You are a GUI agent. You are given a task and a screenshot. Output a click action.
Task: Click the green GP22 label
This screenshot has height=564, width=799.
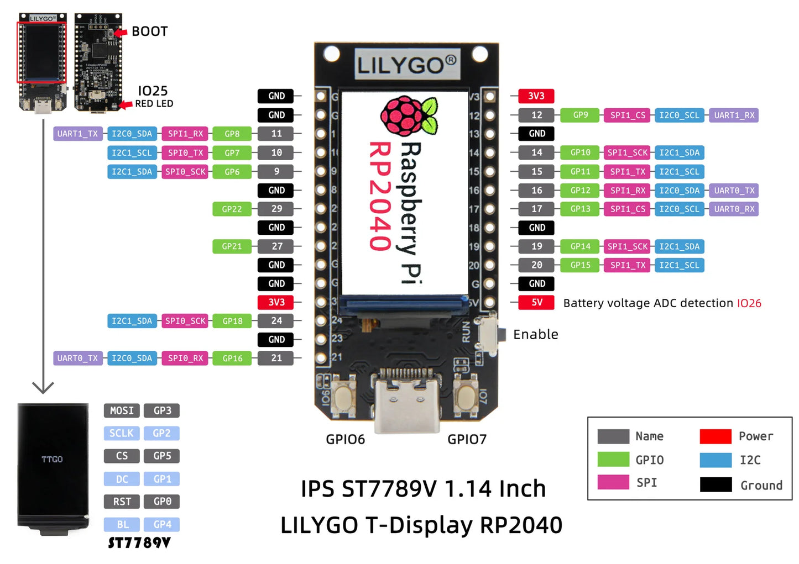(232, 209)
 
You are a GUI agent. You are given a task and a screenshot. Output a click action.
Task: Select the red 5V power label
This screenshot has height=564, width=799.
(536, 303)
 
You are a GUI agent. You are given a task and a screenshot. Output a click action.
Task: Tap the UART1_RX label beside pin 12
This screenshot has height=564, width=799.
(733, 115)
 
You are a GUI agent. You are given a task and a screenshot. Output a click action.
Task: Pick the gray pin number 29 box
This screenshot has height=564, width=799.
(276, 209)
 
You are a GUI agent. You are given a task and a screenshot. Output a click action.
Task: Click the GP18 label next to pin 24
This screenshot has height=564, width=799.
(232, 321)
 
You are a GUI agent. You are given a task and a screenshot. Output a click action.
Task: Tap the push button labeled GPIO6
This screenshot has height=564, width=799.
(344, 397)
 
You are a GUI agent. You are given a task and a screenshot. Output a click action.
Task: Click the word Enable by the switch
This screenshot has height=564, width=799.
(535, 334)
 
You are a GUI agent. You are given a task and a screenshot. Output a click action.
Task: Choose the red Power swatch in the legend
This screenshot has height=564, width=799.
(715, 436)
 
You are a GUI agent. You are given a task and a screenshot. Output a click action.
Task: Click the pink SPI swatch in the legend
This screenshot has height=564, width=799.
(613, 482)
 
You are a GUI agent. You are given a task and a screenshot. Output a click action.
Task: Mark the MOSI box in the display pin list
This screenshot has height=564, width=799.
(122, 410)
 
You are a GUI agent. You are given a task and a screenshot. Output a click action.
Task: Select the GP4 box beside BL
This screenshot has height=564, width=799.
(162, 524)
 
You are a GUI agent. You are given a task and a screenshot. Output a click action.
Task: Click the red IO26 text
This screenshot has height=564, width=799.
(749, 303)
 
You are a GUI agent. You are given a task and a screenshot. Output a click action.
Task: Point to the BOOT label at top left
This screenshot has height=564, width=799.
(149, 31)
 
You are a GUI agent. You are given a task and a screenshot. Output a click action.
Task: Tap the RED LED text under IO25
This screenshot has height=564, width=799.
(154, 104)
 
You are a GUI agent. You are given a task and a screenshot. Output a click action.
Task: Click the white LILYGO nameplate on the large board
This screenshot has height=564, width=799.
(407, 65)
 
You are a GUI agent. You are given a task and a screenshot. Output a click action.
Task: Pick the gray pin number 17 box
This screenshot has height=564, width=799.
(536, 209)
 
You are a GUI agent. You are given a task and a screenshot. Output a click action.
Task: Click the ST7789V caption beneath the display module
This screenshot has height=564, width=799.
(139, 543)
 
